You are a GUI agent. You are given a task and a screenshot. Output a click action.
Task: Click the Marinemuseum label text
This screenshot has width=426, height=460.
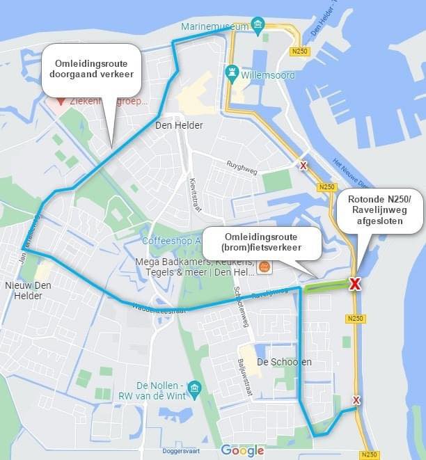pyautogui.click(x=214, y=26)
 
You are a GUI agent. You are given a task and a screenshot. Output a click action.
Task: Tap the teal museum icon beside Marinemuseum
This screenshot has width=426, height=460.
pyautogui.click(x=258, y=26)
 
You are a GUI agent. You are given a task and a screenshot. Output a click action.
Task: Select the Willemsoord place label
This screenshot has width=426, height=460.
pyautogui.click(x=268, y=75)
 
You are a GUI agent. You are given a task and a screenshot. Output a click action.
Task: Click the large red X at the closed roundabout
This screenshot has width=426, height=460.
pyautogui.click(x=355, y=284)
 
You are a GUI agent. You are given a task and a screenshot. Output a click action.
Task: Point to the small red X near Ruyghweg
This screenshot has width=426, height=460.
pyautogui.click(x=303, y=165)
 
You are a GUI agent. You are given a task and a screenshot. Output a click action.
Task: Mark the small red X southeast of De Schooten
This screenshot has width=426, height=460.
pyautogui.click(x=356, y=400)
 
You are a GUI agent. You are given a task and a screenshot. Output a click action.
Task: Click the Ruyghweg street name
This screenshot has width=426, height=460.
pyautogui.click(x=242, y=165)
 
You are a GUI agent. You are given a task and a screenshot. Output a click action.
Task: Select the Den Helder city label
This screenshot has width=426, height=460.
pyautogui.click(x=179, y=125)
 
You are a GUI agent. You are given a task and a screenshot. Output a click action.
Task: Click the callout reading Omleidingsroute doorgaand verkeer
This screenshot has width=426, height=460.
pyautogui.click(x=92, y=69)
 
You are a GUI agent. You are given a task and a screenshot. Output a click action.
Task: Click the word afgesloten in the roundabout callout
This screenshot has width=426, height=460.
pyautogui.click(x=379, y=221)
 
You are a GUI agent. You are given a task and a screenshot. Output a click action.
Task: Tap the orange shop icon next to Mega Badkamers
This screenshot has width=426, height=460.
pyautogui.click(x=264, y=267)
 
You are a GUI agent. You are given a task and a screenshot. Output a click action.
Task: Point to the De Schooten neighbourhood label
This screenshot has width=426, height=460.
pyautogui.click(x=284, y=362)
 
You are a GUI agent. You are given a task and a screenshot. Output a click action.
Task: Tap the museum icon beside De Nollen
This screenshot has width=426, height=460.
pyautogui.click(x=194, y=387)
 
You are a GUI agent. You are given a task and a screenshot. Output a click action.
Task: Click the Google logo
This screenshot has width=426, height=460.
pyautogui.click(x=242, y=451)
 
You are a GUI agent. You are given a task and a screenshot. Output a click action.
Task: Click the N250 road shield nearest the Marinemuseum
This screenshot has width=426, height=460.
pyautogui.click(x=301, y=51)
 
